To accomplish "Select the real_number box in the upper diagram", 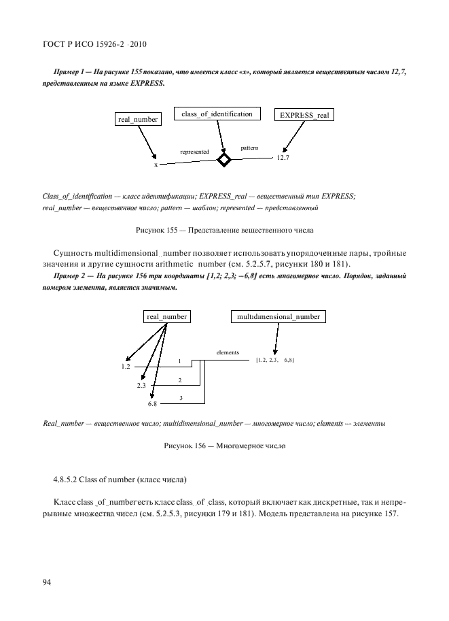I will tap(138, 119).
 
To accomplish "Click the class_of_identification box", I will tap(217, 114).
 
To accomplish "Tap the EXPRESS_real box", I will tap(304, 115).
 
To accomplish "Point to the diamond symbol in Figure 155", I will tap(223, 160).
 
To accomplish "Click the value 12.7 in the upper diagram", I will tap(283, 158).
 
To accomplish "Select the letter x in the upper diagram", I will tap(156, 165).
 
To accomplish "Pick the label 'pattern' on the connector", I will tap(249, 147).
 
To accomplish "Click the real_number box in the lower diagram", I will tap(166, 317).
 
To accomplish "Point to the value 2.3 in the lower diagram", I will tap(141, 385).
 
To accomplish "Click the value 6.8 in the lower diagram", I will tap(152, 404).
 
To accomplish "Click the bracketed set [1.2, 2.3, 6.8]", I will tap(274, 359).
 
